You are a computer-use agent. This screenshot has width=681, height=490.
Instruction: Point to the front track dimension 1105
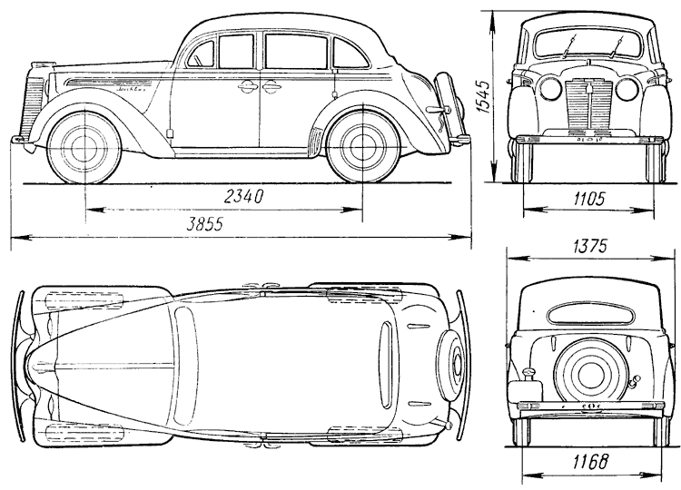coord(588,198)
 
